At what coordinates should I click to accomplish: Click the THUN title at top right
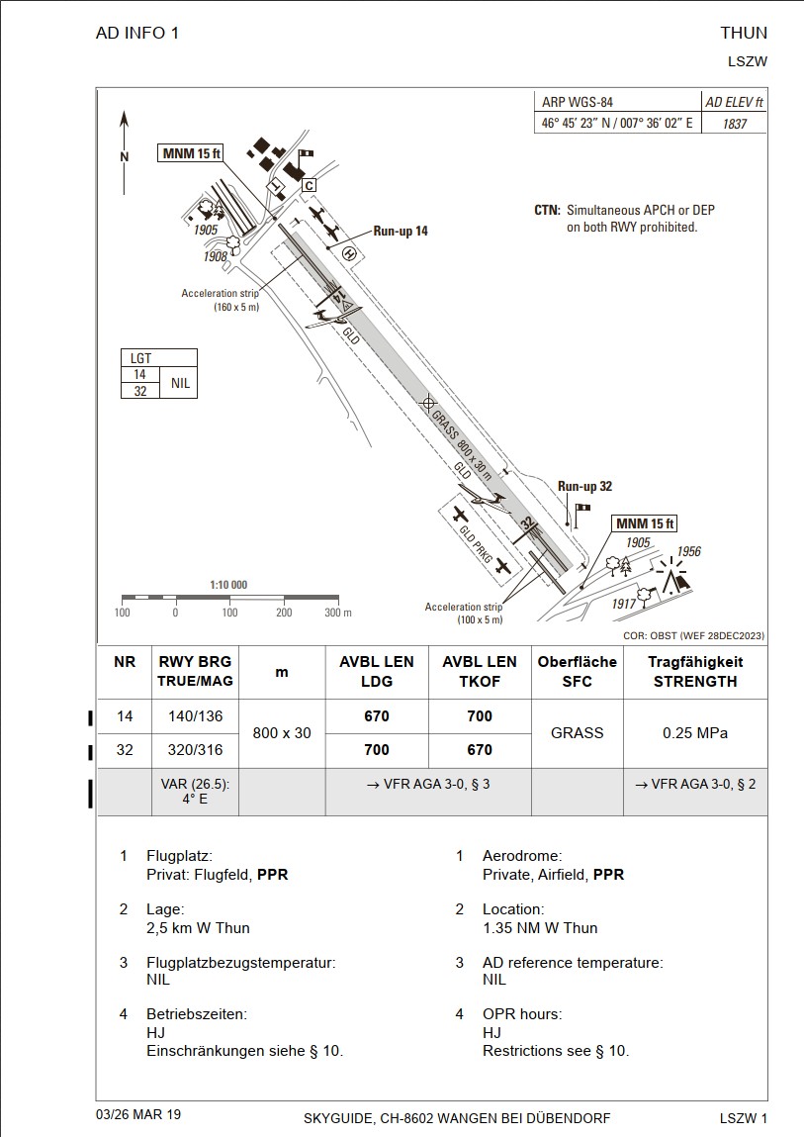[x=744, y=33]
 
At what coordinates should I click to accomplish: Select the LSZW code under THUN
[x=747, y=61]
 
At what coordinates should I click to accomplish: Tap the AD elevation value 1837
[x=734, y=125]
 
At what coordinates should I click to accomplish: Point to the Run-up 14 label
[x=401, y=231]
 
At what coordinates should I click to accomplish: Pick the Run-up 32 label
[x=584, y=486]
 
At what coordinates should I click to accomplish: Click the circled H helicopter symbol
[x=348, y=253]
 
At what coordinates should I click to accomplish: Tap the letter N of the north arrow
[x=125, y=156]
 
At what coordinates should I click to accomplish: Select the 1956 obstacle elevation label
[x=688, y=551]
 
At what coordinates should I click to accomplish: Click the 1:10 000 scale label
[x=228, y=585]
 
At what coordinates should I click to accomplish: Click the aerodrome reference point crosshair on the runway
[x=428, y=403]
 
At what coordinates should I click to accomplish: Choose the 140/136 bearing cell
[x=195, y=716]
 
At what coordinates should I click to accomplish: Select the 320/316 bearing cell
[x=195, y=750]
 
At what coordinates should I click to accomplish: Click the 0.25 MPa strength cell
[x=694, y=733]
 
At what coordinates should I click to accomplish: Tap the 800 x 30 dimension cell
[x=282, y=733]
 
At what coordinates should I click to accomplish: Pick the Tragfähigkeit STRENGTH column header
[x=694, y=671]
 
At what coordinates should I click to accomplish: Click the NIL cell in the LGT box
[x=179, y=383]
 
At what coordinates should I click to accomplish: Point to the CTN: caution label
[x=547, y=211]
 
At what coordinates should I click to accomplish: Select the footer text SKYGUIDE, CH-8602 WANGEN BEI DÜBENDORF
[x=456, y=1118]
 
